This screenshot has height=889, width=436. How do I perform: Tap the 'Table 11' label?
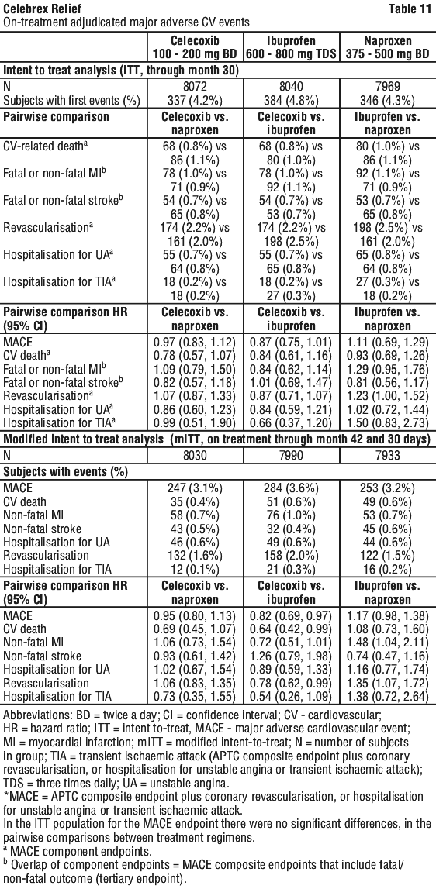410,9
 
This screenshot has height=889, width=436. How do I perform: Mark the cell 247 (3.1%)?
196,487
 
